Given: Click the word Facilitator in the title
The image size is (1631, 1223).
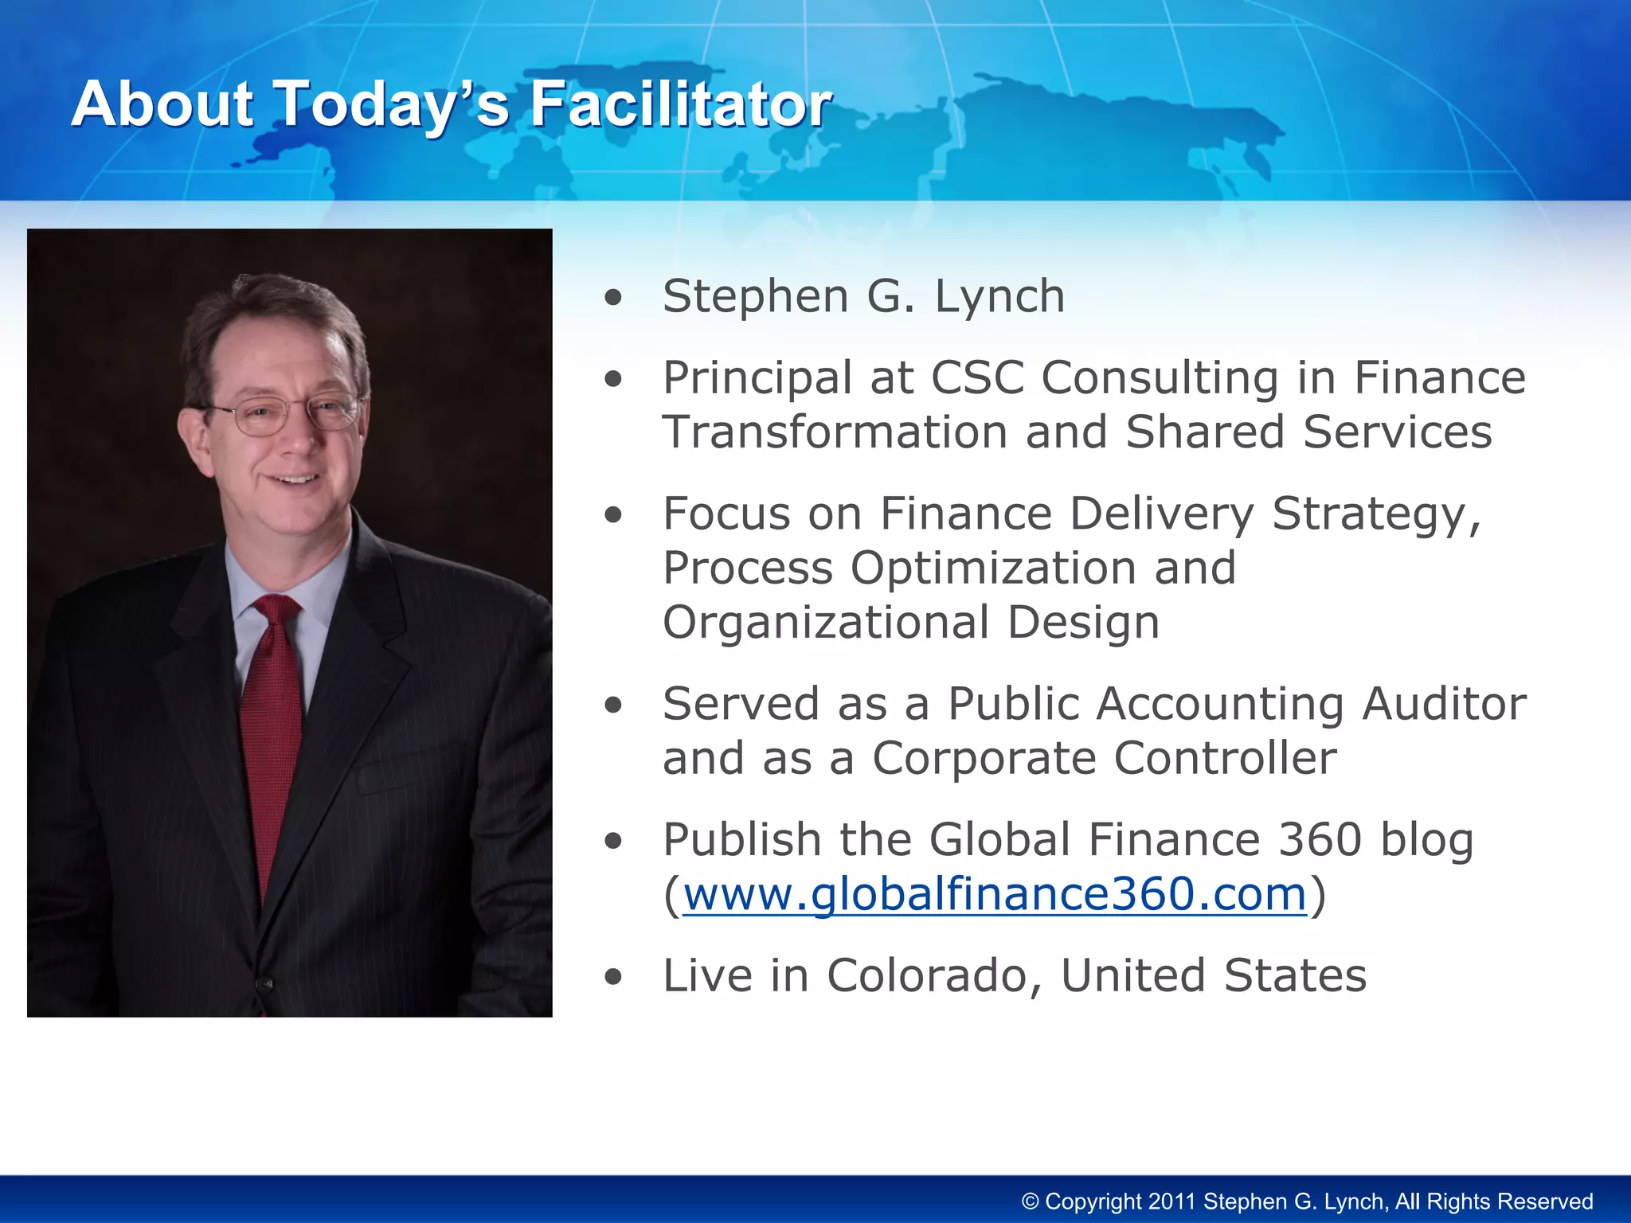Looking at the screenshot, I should pyautogui.click(x=681, y=104).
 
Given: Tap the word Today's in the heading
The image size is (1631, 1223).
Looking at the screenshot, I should pyautogui.click(x=390, y=104).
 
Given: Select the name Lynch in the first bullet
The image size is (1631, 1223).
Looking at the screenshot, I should pyautogui.click(x=999, y=297).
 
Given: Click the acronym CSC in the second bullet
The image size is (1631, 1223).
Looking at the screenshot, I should pyautogui.click(x=977, y=377).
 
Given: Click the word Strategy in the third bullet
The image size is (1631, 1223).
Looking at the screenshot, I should pyautogui.click(x=1375, y=514).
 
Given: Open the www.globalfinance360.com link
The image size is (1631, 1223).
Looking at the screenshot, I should pyautogui.click(x=995, y=894).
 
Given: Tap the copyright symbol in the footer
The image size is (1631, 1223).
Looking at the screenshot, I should pyautogui.click(x=1031, y=1202).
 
